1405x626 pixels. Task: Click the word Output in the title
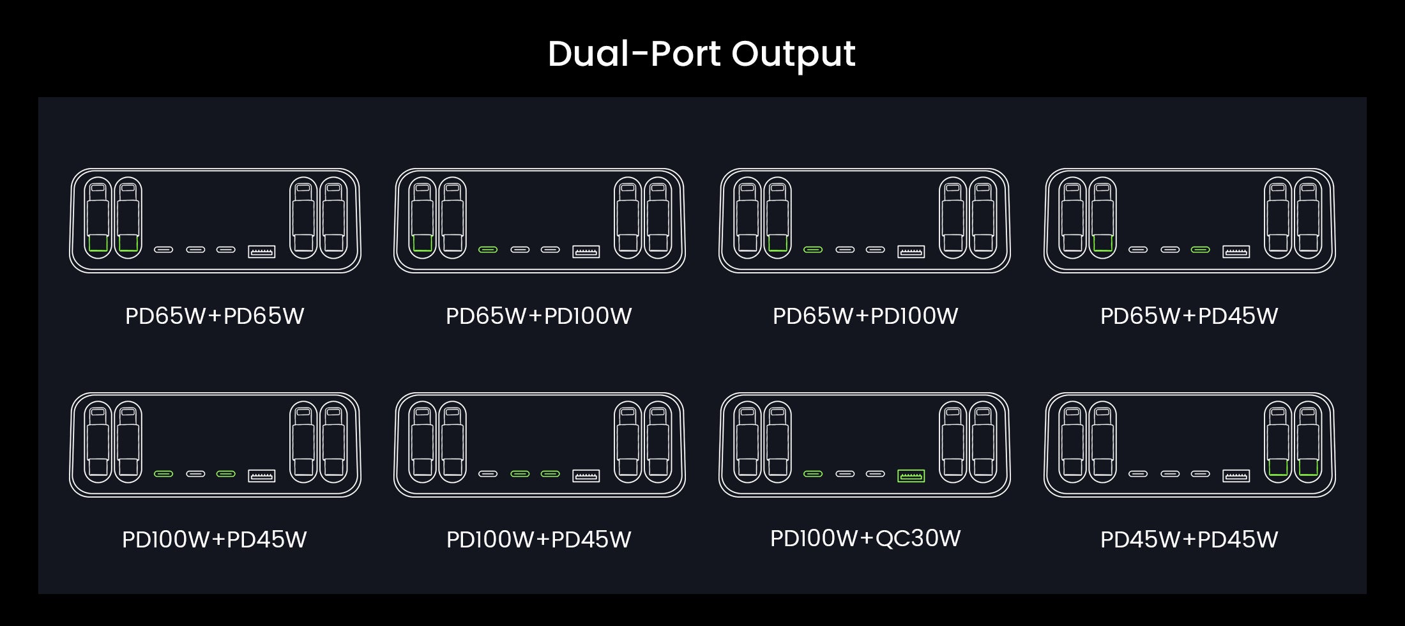(x=793, y=55)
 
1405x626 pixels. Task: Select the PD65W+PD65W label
(x=215, y=316)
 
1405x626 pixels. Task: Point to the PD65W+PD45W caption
(x=1189, y=316)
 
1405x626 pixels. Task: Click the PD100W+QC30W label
(x=865, y=538)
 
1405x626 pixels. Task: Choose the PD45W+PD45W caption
(x=1189, y=540)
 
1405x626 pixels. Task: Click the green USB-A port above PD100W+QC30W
(x=911, y=476)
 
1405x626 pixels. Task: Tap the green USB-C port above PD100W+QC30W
(x=813, y=474)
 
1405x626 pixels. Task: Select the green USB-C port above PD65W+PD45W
(x=1201, y=250)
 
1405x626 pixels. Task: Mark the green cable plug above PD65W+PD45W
(x=1103, y=243)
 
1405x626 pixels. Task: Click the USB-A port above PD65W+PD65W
(x=261, y=252)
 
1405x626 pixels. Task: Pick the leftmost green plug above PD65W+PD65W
(x=98, y=243)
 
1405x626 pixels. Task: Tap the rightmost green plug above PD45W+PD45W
(x=1308, y=467)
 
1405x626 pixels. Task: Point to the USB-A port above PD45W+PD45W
(x=1236, y=476)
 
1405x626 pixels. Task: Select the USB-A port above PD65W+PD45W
(x=1236, y=252)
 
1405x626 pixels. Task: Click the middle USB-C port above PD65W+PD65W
(x=195, y=250)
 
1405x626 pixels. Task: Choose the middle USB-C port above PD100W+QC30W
(x=845, y=474)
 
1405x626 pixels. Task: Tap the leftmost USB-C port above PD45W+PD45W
(x=1138, y=474)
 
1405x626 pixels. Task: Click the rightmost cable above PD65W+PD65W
(x=333, y=218)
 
